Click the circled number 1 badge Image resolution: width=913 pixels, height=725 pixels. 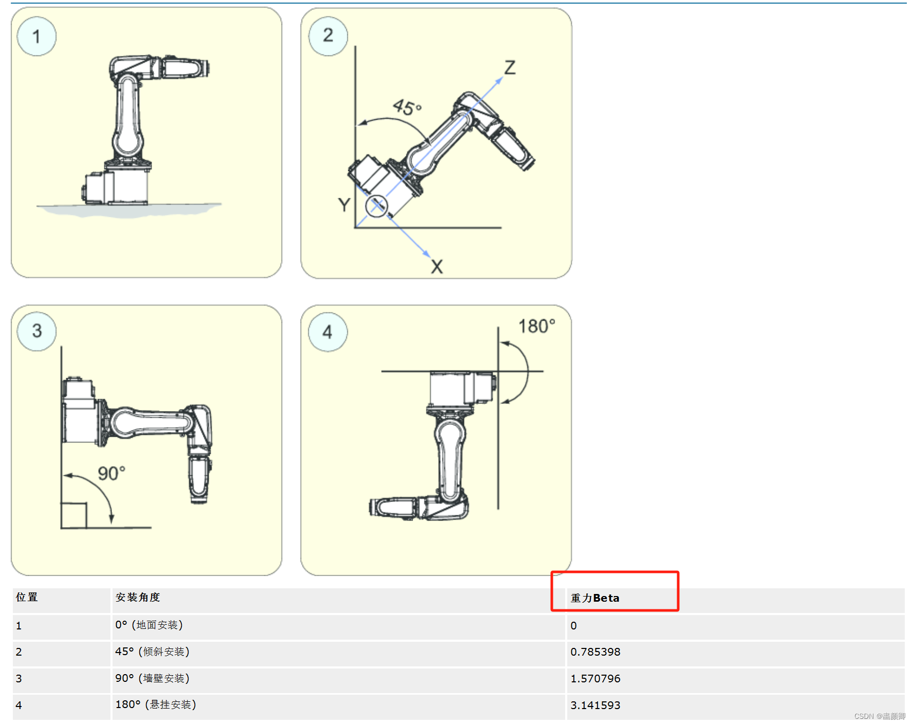36,36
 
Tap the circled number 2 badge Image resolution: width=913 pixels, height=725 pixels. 328,35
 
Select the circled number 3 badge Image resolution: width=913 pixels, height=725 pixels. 36,331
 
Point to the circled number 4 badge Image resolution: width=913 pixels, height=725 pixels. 328,332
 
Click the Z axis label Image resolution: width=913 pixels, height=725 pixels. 510,67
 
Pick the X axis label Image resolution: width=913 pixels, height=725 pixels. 437,267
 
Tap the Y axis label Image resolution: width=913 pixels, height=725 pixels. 344,205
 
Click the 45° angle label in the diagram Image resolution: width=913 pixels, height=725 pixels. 407,107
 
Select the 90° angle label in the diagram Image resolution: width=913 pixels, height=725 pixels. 111,473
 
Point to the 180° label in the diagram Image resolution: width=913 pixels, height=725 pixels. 537,326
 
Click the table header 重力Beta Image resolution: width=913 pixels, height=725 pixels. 595,598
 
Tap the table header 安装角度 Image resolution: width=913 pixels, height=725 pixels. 138,597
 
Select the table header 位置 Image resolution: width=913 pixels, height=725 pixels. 27,597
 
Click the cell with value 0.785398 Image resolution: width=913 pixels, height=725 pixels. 595,652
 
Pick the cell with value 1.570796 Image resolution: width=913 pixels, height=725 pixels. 595,679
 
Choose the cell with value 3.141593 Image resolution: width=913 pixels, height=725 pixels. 595,705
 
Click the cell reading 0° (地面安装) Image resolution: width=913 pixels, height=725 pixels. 149,625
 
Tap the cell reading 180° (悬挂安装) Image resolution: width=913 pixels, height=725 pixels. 156,704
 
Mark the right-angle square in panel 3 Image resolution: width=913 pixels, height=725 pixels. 73,515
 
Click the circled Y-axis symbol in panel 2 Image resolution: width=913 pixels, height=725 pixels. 377,206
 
